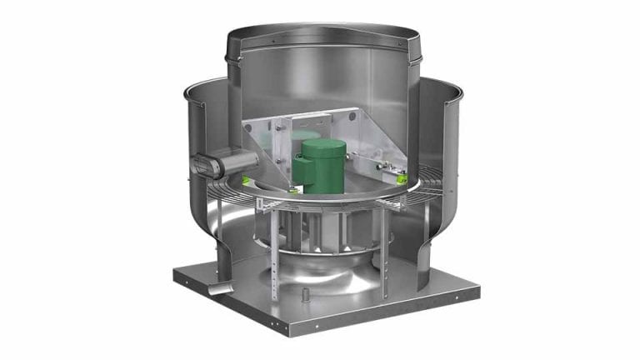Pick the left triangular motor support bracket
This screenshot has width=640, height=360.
[265, 137]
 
